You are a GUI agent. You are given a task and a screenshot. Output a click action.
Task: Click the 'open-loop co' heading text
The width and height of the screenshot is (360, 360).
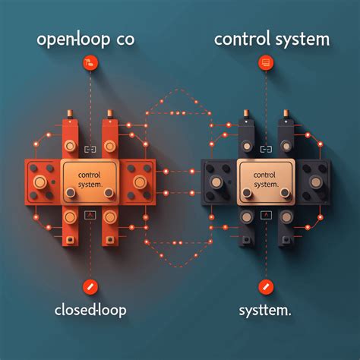click(86, 40)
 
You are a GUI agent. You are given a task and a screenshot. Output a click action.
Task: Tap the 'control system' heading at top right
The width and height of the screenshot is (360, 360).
click(272, 39)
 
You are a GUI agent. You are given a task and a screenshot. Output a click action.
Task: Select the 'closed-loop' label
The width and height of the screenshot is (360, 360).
click(90, 310)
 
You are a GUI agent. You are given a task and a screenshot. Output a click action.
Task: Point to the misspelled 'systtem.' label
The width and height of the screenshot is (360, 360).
click(265, 310)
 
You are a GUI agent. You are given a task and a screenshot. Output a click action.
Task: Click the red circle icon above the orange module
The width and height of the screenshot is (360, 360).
click(90, 63)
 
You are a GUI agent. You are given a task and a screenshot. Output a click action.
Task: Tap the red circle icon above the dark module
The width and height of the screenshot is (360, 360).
click(266, 63)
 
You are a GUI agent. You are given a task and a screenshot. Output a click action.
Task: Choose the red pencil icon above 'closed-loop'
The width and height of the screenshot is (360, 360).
click(90, 287)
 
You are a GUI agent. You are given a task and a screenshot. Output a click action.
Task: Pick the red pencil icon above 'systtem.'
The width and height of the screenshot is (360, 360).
click(266, 287)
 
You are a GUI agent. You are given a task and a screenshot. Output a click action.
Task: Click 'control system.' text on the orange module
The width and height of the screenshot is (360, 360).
click(90, 180)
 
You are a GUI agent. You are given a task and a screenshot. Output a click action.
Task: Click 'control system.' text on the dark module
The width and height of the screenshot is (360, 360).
click(266, 180)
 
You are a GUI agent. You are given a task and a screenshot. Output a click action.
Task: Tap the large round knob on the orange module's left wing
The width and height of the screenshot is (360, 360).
click(40, 182)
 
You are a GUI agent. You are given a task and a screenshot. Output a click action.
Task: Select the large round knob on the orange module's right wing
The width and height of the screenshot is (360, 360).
click(140, 182)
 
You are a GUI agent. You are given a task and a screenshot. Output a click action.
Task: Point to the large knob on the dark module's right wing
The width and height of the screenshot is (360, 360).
click(316, 182)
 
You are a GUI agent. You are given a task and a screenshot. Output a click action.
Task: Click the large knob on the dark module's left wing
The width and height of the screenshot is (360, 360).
click(216, 182)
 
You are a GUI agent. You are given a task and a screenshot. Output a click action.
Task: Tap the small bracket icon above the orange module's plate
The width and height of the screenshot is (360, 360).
click(90, 150)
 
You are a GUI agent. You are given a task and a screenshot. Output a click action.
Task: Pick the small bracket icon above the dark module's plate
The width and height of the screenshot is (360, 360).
click(266, 150)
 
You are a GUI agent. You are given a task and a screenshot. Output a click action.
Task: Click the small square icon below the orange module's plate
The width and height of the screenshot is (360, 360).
click(90, 215)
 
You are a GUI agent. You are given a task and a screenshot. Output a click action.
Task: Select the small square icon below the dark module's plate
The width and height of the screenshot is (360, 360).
click(266, 215)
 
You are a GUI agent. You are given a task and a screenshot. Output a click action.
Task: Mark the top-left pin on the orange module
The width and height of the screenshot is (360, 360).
click(70, 114)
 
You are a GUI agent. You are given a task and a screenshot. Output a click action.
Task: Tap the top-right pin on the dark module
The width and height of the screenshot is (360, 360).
click(286, 114)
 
